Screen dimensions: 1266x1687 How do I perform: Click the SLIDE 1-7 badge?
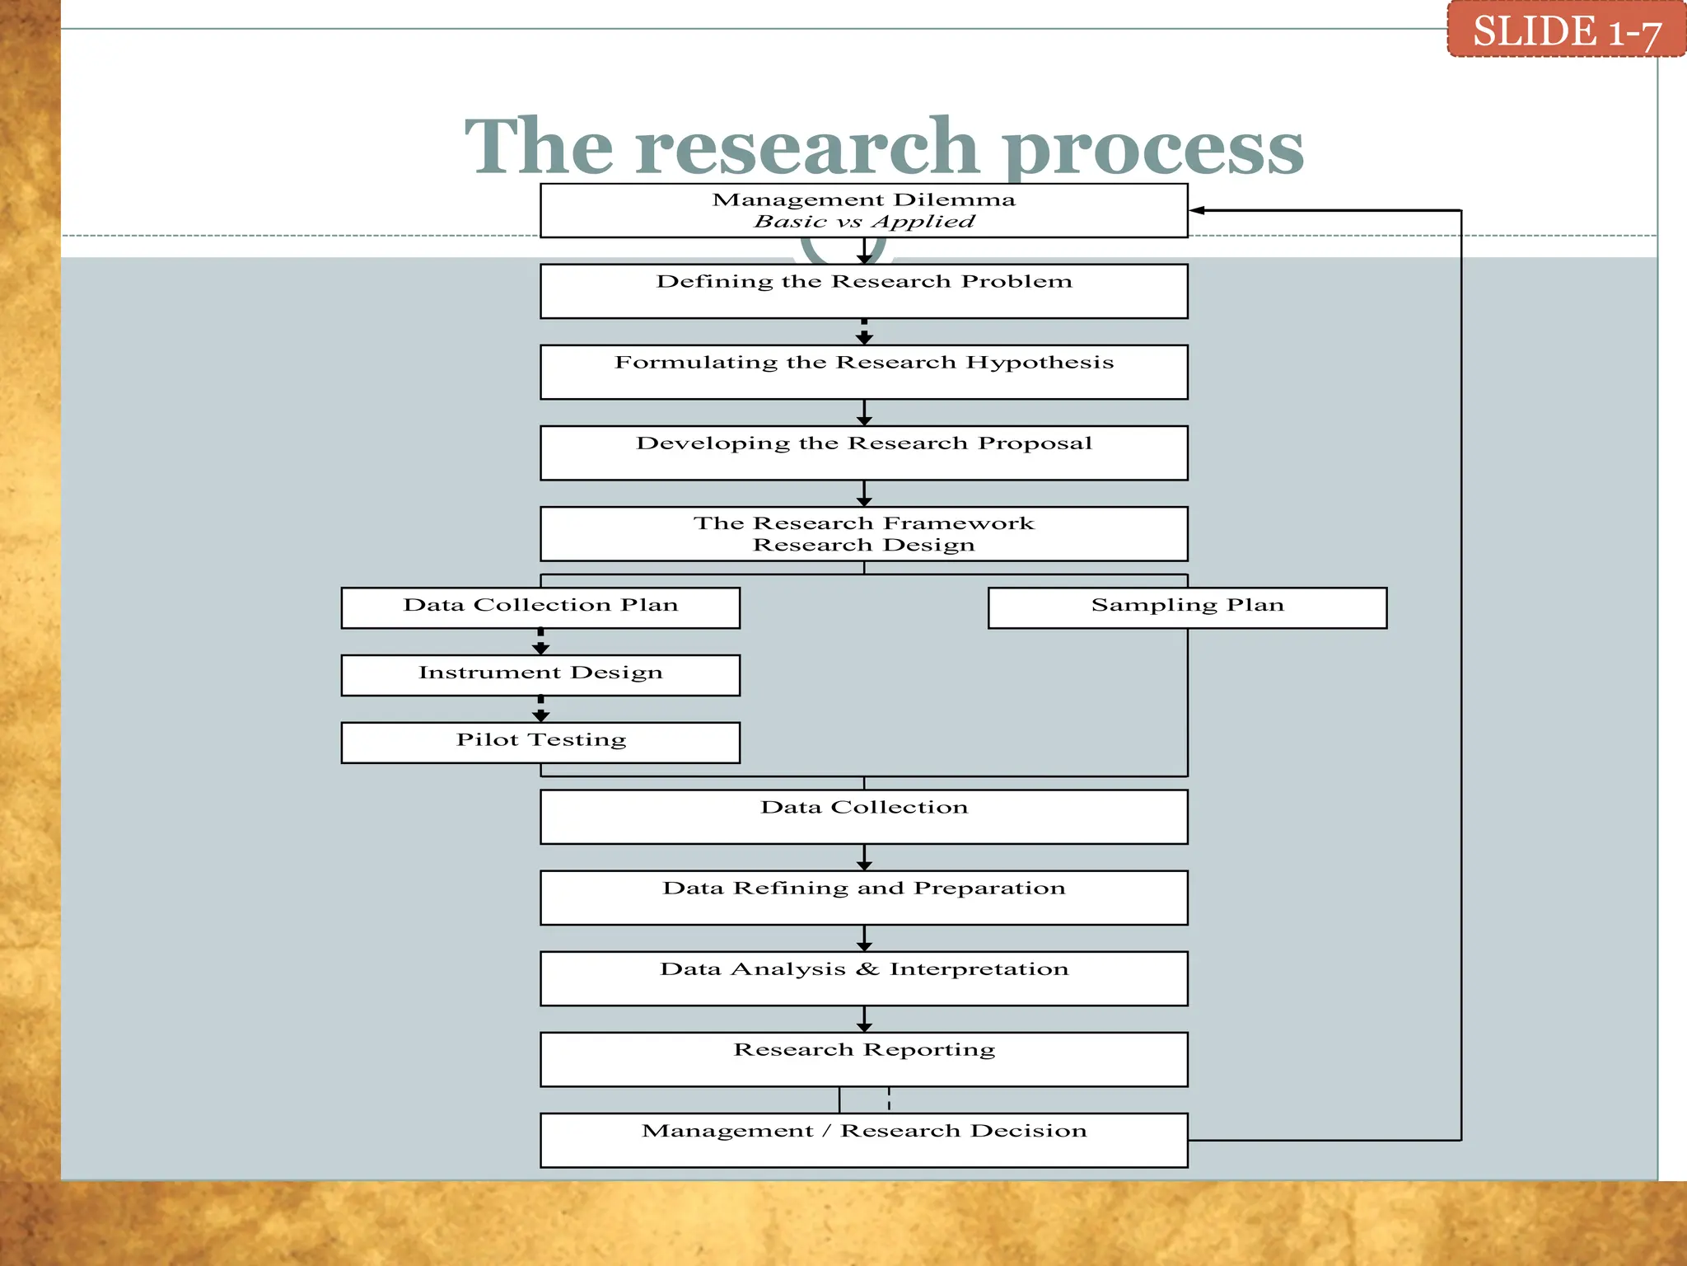pos(1566,30)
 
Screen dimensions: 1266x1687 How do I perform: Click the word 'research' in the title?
pos(806,147)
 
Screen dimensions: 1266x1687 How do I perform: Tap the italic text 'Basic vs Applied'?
pos(863,222)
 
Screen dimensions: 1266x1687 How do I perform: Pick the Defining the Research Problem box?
pos(863,291)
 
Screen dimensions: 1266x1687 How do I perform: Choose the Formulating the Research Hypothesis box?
pos(863,372)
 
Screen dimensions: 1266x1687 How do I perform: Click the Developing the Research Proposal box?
pos(863,452)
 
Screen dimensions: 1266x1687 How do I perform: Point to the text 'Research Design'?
pos(863,545)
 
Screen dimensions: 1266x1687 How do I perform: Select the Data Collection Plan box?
pos(540,607)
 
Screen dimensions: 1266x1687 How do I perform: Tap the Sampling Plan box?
pos(1187,607)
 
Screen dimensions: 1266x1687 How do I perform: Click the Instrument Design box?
pos(540,675)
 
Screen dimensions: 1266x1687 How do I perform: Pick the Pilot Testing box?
pos(540,743)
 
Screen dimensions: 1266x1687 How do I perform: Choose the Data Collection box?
pos(863,817)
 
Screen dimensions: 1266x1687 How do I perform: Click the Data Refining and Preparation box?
pos(863,898)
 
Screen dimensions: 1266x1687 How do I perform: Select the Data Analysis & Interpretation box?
pos(863,978)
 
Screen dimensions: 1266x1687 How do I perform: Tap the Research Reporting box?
pos(863,1059)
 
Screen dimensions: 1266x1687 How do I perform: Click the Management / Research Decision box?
pos(863,1140)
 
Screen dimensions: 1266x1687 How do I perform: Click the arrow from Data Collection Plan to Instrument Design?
pos(540,642)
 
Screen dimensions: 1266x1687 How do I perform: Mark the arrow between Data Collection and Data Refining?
pos(863,857)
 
